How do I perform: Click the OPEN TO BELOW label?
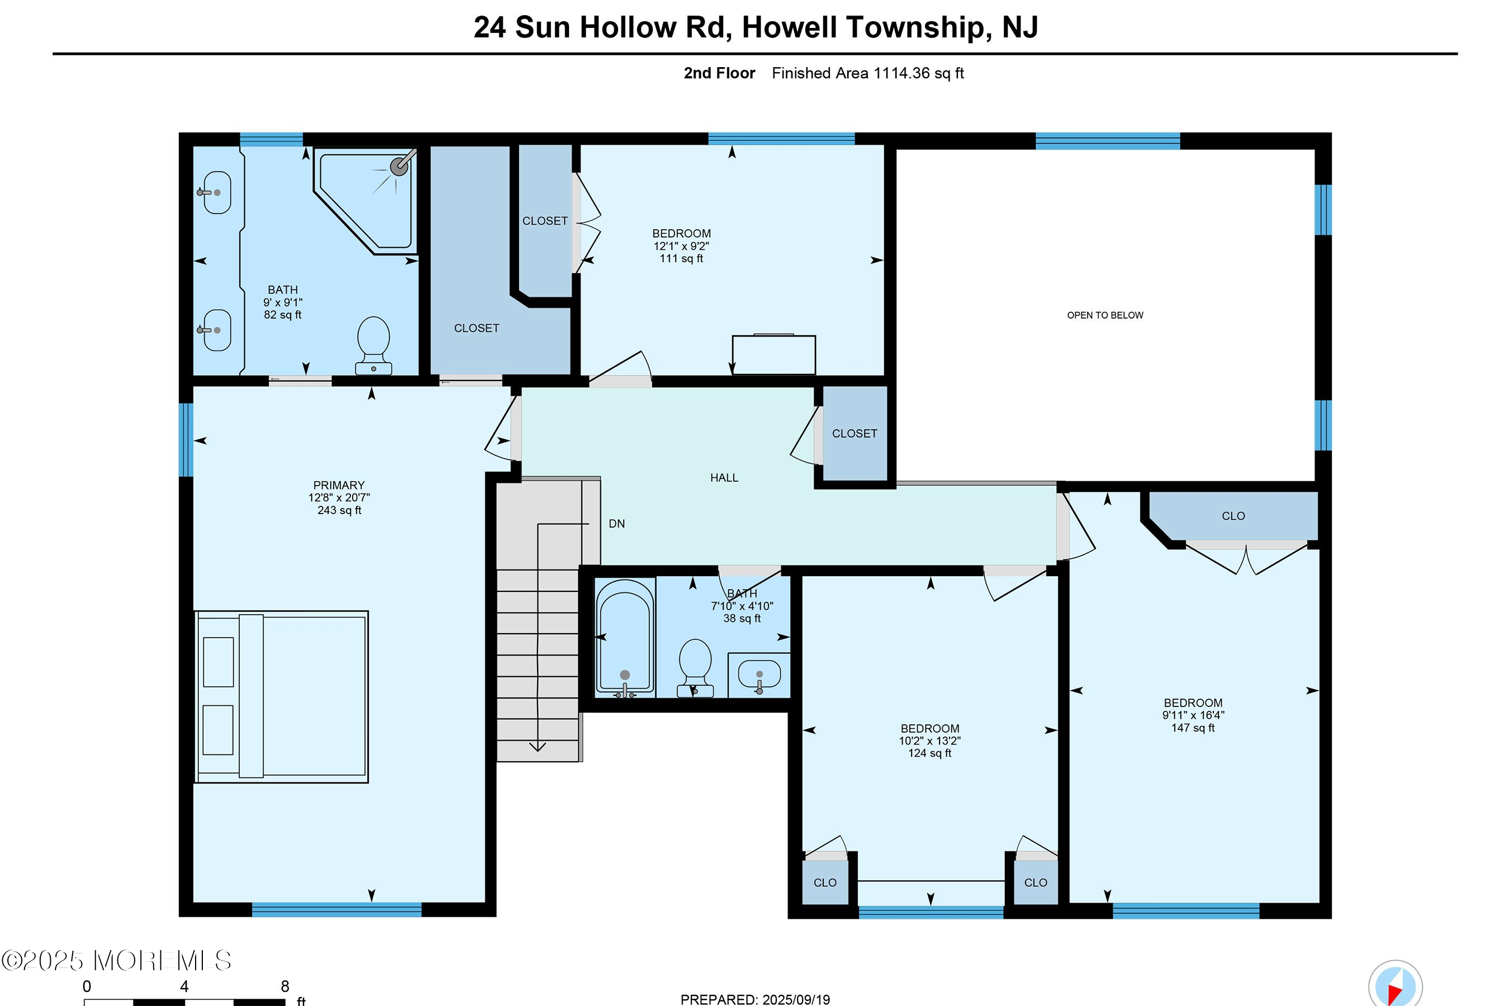[x=1104, y=315]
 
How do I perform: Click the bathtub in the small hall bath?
[x=624, y=636]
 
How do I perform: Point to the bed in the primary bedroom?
[x=282, y=696]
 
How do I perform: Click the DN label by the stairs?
[x=616, y=524]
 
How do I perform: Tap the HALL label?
[x=724, y=477]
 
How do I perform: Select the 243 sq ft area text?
[x=339, y=510]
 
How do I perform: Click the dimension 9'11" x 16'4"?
[x=1193, y=715]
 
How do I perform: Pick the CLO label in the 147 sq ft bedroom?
[x=1232, y=516]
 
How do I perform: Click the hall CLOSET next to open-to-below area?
[x=854, y=434]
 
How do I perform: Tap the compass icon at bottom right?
[x=1395, y=985]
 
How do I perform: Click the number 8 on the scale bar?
[x=285, y=986]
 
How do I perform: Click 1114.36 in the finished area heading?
[x=901, y=73]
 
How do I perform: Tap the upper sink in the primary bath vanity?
[x=217, y=192]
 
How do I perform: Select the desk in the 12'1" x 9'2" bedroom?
[x=773, y=354]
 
